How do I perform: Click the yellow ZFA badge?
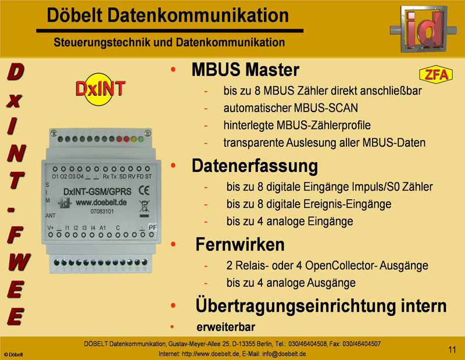(436, 74)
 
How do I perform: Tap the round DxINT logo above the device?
(100, 89)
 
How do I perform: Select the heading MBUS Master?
(245, 70)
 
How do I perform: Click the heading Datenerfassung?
(255, 165)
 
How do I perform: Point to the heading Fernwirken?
(240, 244)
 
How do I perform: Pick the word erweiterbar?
(226, 327)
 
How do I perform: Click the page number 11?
(452, 350)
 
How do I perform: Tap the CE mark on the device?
(144, 190)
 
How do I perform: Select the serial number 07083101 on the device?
(102, 211)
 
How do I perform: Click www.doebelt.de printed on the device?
(101, 203)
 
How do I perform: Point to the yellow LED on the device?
(134, 139)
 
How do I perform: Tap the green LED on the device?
(141, 139)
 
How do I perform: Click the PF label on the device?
(152, 228)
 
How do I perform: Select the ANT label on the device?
(51, 215)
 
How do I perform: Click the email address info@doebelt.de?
(284, 354)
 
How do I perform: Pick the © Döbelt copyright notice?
(13, 354)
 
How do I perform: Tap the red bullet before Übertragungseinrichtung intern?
(173, 305)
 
